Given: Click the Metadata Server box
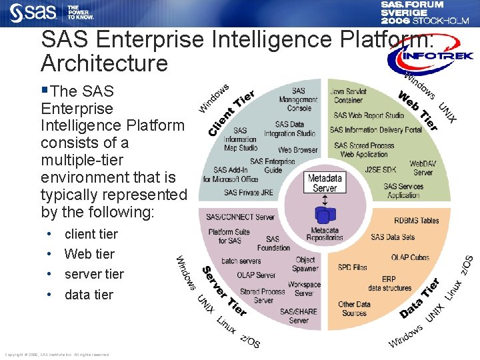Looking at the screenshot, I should click(325, 183).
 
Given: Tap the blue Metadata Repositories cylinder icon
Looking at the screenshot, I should click(325, 215).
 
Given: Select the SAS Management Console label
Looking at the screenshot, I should click(299, 99).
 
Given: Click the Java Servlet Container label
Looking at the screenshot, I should click(348, 95).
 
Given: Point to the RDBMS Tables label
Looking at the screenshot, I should click(417, 221).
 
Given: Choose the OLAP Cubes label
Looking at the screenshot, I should click(410, 257).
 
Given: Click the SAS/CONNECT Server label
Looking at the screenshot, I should click(240, 217).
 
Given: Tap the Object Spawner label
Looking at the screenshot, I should click(305, 264).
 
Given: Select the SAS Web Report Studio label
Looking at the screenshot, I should click(369, 115).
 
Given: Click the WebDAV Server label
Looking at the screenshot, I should click(423, 167).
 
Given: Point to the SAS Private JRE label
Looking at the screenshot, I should click(249, 193).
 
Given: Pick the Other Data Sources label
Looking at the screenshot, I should click(354, 309).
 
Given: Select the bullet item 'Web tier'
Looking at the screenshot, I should click(89, 254).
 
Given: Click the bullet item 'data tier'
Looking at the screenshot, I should click(89, 295).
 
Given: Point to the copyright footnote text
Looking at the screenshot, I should click(57, 355).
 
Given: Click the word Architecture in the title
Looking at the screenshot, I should click(104, 64).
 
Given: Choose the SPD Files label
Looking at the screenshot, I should click(352, 267).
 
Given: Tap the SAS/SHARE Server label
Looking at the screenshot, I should click(299, 315).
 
